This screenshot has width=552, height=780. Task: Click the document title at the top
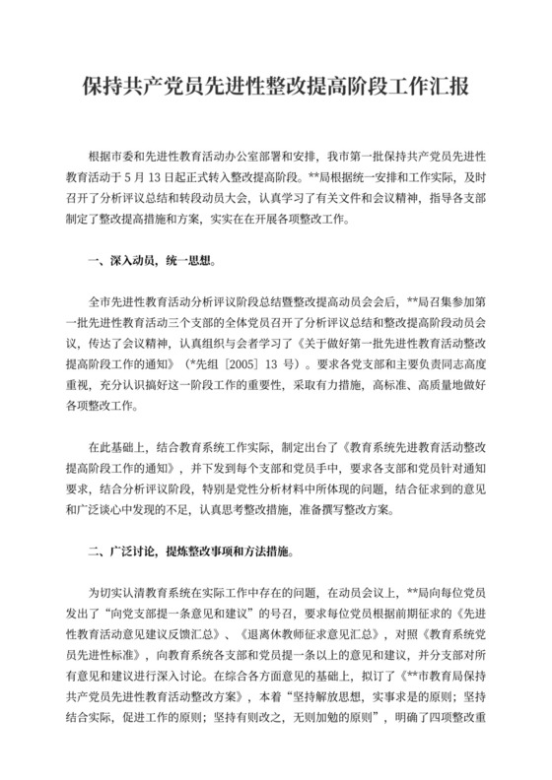click(275, 87)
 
